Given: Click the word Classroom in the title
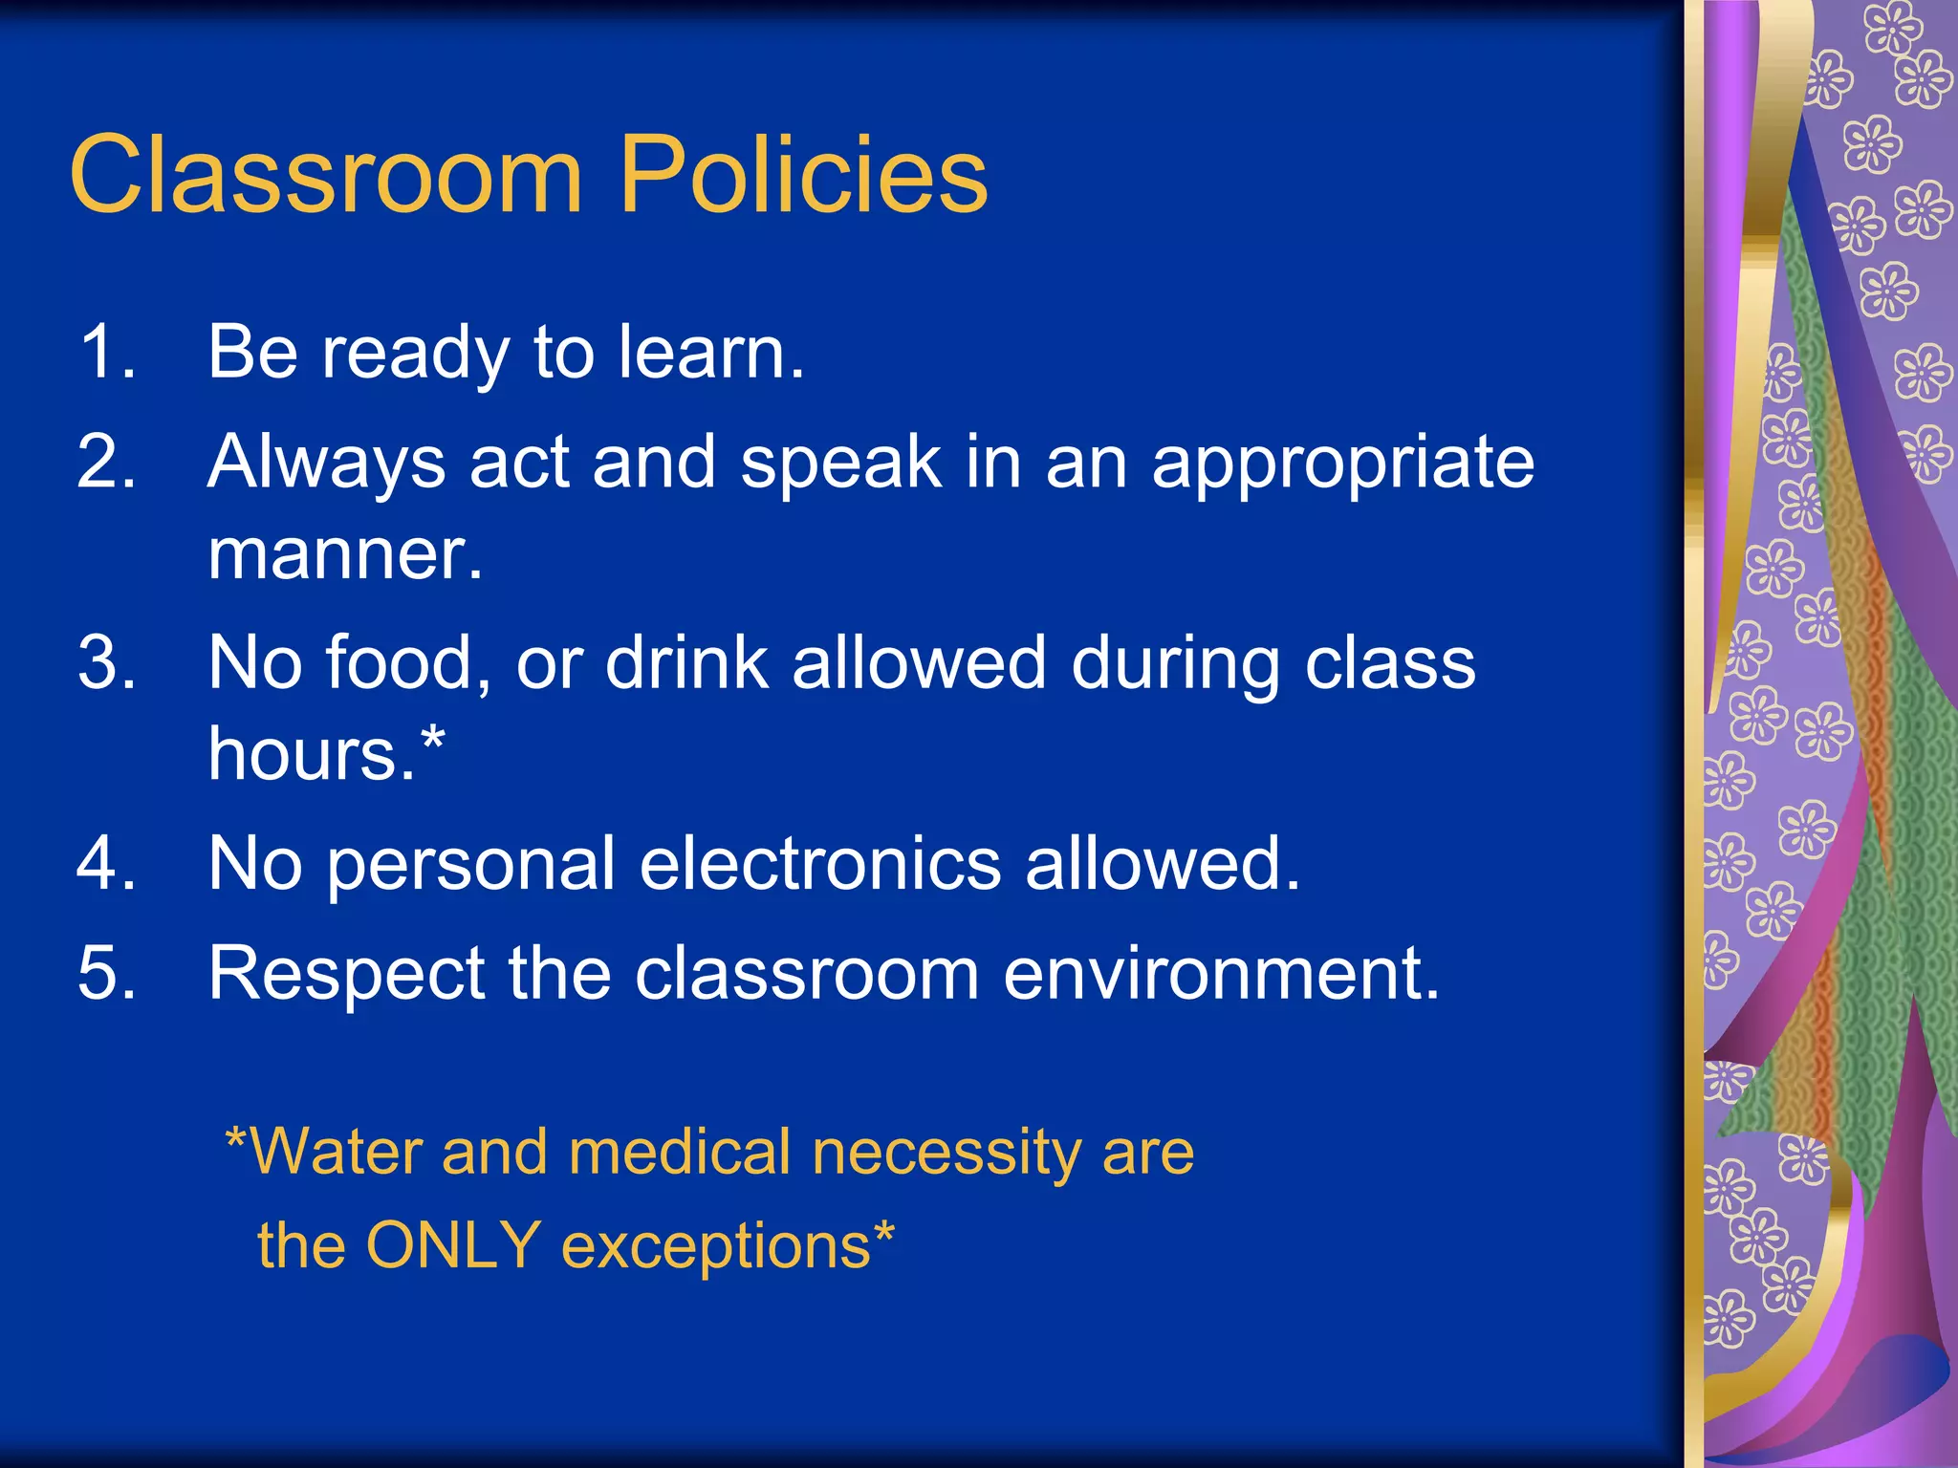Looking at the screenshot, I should point(325,175).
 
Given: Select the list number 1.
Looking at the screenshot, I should point(105,352).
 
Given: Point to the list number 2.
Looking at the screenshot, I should point(105,462).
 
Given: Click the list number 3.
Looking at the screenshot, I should point(105,662).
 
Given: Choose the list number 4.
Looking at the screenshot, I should point(105,863).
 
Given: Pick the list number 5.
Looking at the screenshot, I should point(105,973).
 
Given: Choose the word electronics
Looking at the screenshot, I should point(819,863).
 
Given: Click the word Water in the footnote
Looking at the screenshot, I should point(335,1151).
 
